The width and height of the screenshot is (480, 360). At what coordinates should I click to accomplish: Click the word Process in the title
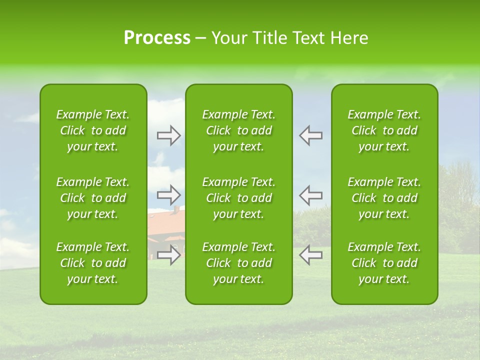pos(157,38)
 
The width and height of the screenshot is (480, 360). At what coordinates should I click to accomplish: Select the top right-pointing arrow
pos(169,135)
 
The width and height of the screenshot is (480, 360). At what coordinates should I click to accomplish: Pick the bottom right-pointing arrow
pos(169,255)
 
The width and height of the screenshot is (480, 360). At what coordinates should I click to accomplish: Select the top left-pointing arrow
pos(310,135)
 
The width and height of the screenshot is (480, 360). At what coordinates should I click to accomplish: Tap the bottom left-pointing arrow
pos(310,255)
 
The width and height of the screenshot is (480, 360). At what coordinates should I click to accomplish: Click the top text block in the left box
pos(93,130)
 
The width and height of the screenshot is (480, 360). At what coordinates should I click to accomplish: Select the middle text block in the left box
pos(93,198)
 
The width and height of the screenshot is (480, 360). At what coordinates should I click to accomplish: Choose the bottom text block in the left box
pos(93,263)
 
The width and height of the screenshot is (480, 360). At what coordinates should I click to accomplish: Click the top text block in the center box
pos(238,130)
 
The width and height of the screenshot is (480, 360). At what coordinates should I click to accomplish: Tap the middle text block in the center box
pos(238,198)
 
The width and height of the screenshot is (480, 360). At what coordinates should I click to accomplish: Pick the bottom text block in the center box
pos(238,263)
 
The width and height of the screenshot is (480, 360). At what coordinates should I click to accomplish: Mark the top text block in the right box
pos(384,130)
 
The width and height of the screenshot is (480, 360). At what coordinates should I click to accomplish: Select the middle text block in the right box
pos(384,198)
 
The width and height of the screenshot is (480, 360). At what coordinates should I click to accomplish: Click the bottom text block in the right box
pos(384,263)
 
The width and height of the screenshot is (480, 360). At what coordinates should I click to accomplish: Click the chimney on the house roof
pos(176,208)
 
